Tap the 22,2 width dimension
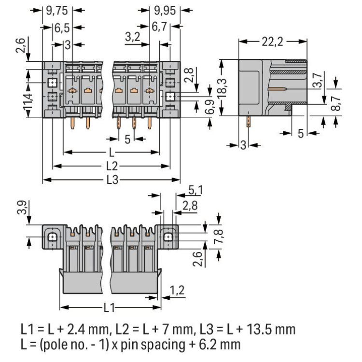click(x=272, y=42)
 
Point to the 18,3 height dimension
click(x=223, y=87)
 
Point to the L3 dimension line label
click(x=112, y=181)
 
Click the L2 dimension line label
click(x=112, y=167)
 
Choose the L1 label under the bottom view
click(x=110, y=307)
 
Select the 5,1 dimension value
click(x=195, y=191)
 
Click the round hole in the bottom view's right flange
click(x=167, y=237)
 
